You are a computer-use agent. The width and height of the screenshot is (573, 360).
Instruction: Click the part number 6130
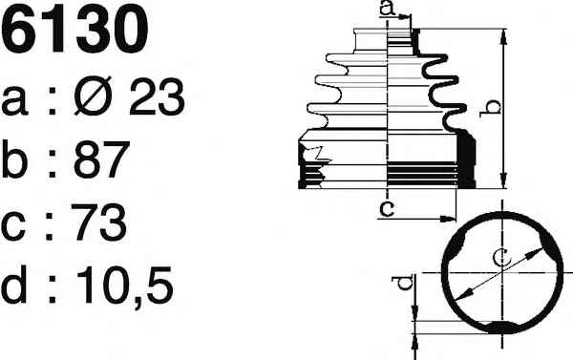click(x=75, y=30)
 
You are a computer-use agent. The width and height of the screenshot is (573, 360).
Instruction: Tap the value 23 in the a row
click(x=157, y=96)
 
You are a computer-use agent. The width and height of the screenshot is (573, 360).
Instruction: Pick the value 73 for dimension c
click(x=98, y=222)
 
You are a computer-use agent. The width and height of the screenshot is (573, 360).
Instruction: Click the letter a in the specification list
click(x=14, y=101)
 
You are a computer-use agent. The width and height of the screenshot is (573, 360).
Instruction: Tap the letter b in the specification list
click(x=14, y=159)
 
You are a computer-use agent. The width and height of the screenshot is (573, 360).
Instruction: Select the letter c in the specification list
click(x=13, y=226)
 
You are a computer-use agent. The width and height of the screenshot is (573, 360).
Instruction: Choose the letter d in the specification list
click(x=14, y=285)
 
